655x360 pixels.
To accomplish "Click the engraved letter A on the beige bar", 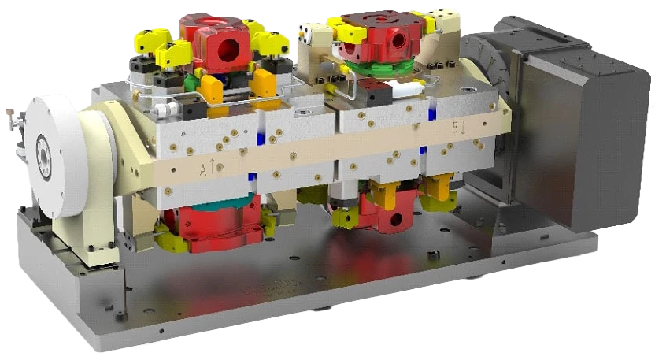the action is point(203,170).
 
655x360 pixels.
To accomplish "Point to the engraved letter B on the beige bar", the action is point(456,127).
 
